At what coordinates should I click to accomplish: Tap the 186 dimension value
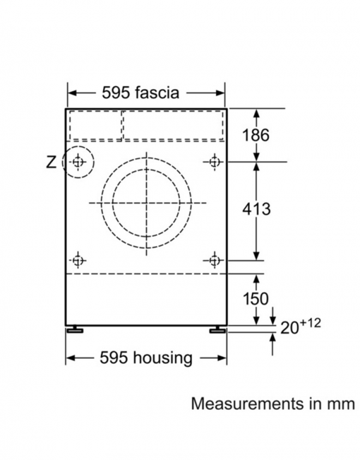click(256, 135)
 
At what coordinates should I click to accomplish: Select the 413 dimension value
click(256, 209)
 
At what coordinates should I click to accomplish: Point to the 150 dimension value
click(255, 299)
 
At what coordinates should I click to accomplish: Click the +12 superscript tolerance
click(309, 322)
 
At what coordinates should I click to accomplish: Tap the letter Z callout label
click(50, 163)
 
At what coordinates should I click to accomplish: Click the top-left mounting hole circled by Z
click(78, 163)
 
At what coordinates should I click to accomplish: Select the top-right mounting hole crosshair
click(214, 163)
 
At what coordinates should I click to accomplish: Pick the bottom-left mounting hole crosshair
click(78, 260)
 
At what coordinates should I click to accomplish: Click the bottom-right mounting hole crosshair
click(214, 260)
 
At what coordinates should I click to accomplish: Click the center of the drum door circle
click(145, 204)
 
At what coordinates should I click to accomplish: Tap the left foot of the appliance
click(76, 329)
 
